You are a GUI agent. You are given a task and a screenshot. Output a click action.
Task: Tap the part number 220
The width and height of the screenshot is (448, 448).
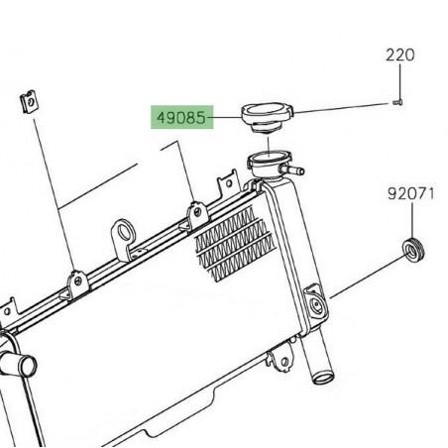tap(399, 56)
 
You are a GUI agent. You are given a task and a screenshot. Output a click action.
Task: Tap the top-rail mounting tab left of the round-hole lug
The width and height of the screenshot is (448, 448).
tap(74, 281)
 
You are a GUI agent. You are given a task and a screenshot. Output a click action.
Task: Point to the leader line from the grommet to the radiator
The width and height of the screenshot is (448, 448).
tap(362, 279)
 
